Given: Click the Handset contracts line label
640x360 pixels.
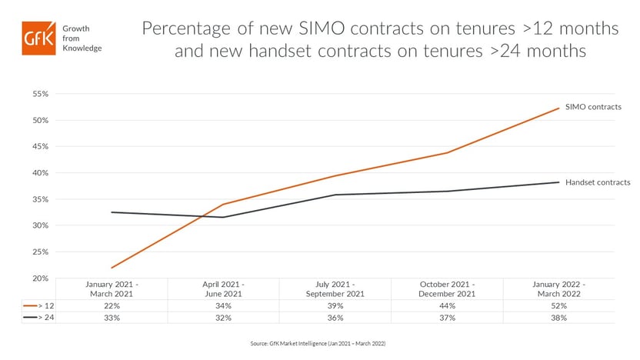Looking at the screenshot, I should pyautogui.click(x=598, y=182).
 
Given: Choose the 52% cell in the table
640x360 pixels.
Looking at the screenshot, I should pyautogui.click(x=558, y=305).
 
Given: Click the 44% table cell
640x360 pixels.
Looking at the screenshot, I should pyautogui.click(x=448, y=305).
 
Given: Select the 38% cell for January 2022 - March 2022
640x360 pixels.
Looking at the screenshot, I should pyautogui.click(x=558, y=317).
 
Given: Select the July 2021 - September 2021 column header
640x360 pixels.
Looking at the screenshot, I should pyautogui.click(x=336, y=289).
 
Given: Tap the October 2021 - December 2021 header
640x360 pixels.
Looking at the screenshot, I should pyautogui.click(x=448, y=289).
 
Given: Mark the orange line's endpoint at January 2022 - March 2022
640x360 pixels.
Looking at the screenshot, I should pyautogui.click(x=558, y=108).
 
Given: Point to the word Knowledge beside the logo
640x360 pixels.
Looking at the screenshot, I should pyautogui.click(x=85, y=48).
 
